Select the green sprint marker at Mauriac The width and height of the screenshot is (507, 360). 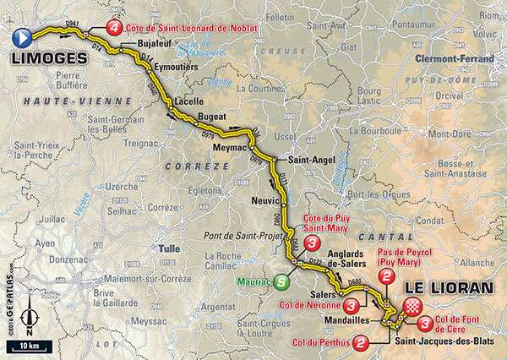tap(280, 283)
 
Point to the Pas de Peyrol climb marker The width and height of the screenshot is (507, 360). tap(386, 276)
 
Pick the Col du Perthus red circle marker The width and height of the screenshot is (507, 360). tap(361, 342)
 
